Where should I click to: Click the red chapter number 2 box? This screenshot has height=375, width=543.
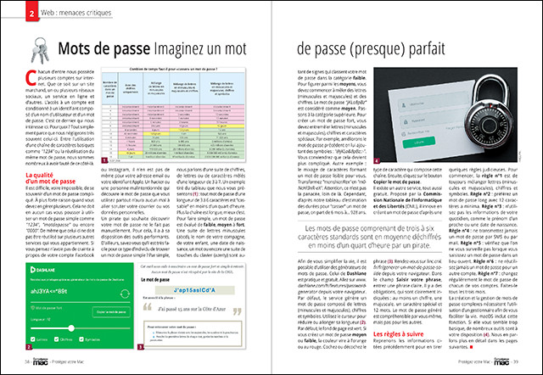[31, 14]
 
